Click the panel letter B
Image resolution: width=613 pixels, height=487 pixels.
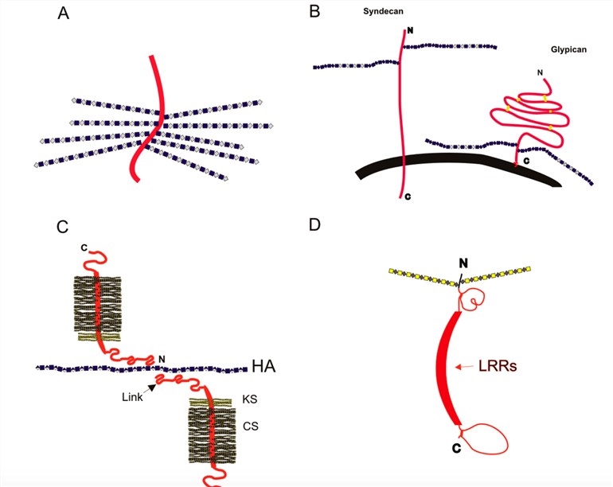pyautogui.click(x=315, y=13)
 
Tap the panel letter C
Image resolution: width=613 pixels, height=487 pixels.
pyautogui.click(x=63, y=228)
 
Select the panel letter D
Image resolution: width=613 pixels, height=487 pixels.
pyautogui.click(x=315, y=224)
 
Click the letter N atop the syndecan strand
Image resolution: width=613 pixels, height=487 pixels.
pyautogui.click(x=408, y=31)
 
